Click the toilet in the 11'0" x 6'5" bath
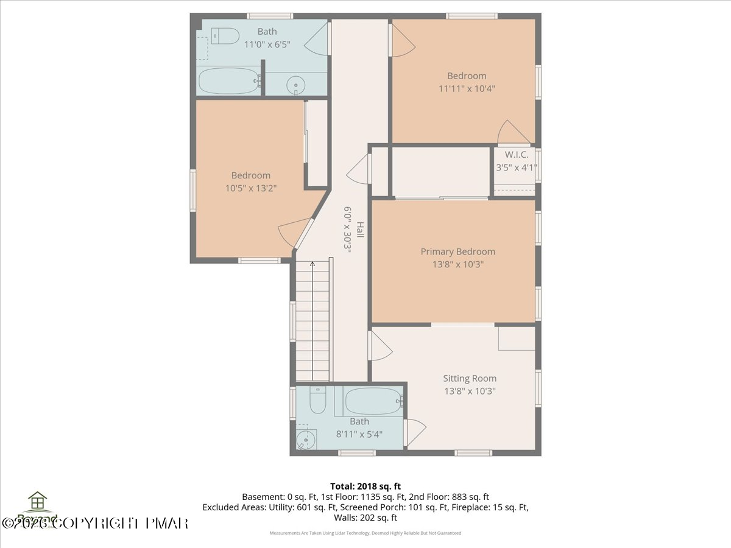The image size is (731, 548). tap(225, 37)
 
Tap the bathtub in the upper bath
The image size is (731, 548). tap(229, 80)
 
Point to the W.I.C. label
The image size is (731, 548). tap(515, 155)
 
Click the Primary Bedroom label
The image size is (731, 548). tap(457, 251)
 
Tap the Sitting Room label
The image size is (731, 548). tap(469, 378)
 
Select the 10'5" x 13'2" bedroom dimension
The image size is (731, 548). tap(251, 188)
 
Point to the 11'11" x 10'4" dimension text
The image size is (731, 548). tap(467, 88)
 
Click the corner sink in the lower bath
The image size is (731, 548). tap(304, 438)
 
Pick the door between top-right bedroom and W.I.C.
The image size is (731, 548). tap(512, 133)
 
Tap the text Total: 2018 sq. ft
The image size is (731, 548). tap(365, 486)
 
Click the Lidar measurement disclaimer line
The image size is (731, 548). tap(365, 533)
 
